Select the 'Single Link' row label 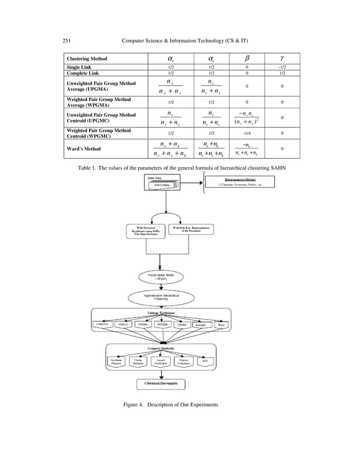[x=79, y=67]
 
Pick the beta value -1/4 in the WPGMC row [x=246, y=133]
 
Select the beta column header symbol [x=246, y=58]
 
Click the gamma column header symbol [x=282, y=58]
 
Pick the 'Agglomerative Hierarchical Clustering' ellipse [x=163, y=298]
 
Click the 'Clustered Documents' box [x=162, y=384]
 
